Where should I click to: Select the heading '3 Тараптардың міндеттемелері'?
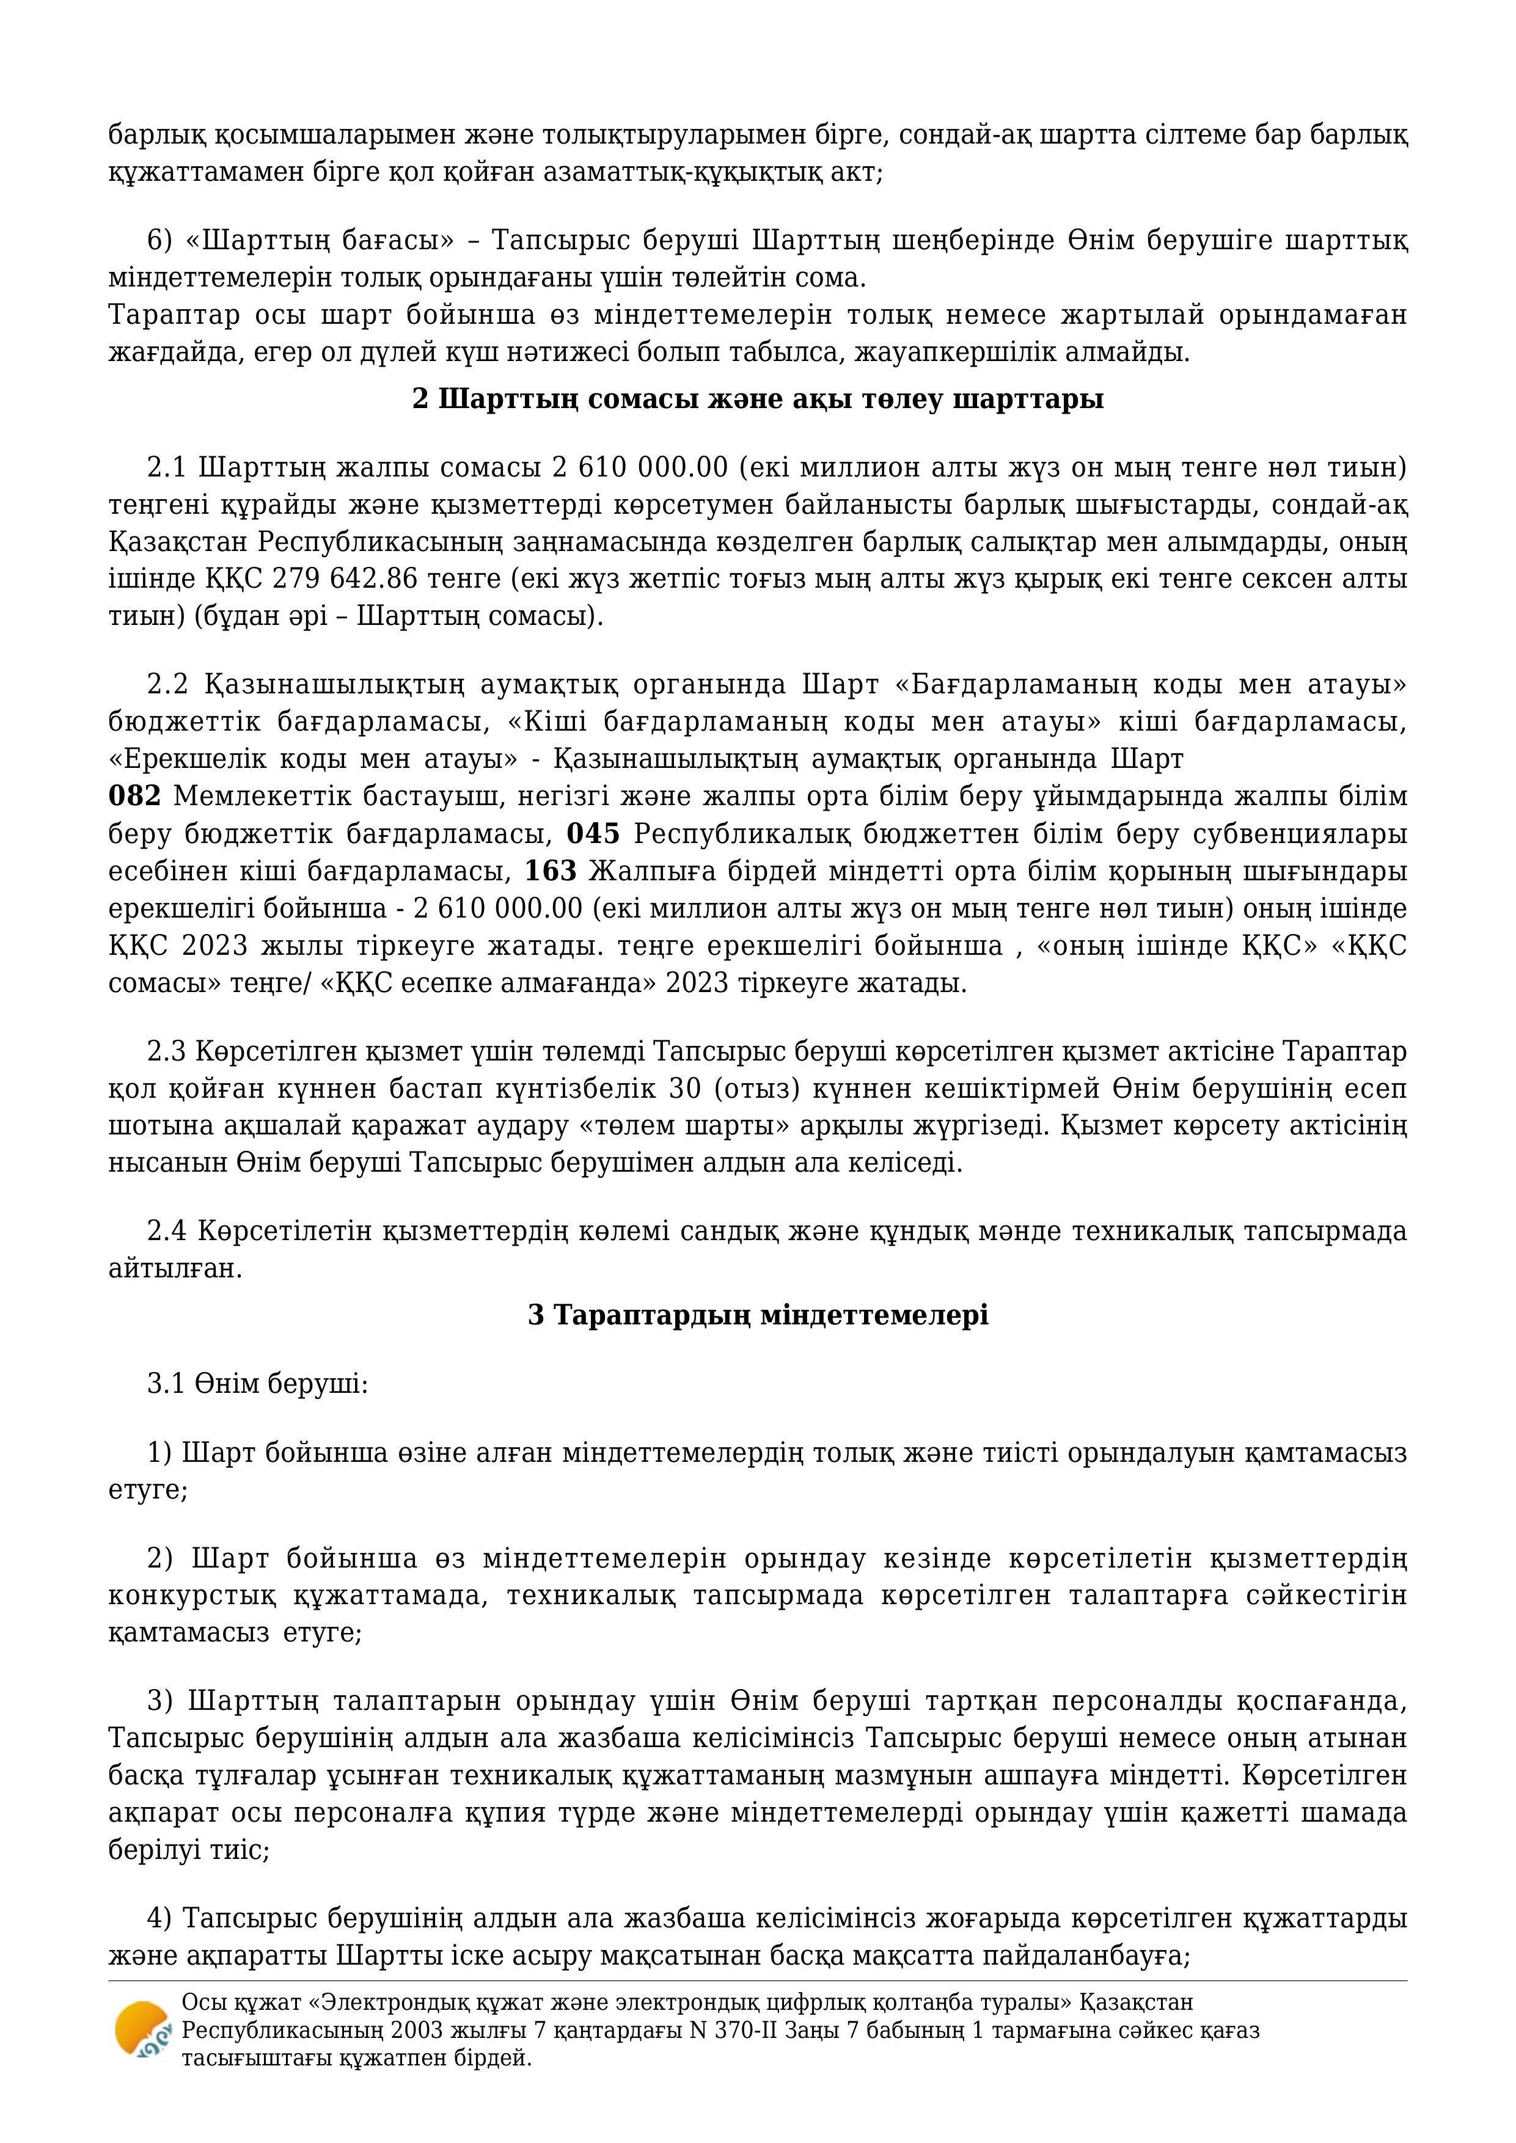(758, 1315)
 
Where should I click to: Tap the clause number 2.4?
(168, 1231)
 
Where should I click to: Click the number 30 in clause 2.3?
(685, 1089)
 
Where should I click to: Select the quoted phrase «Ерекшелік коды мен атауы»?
(313, 759)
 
